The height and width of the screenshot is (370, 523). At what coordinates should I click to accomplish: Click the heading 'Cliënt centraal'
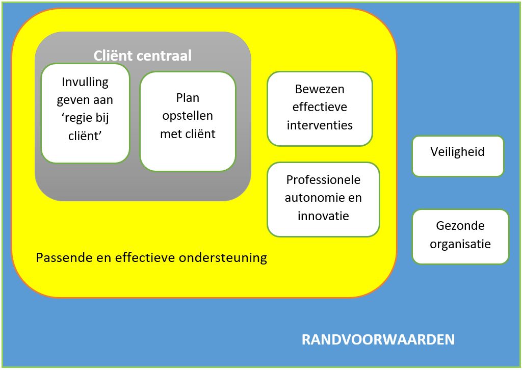(143, 56)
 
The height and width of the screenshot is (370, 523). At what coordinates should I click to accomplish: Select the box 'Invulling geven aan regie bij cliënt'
(85, 113)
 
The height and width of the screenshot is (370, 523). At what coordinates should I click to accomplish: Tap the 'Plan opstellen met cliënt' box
(188, 121)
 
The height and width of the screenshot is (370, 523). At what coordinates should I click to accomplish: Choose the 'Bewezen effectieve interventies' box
(320, 108)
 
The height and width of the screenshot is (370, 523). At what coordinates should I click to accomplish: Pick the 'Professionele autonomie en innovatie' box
(323, 199)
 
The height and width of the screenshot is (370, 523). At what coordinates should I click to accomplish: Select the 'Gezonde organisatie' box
(460, 236)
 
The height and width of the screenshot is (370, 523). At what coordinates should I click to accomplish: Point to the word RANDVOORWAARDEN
(378, 340)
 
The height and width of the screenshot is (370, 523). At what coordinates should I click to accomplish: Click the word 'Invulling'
(85, 82)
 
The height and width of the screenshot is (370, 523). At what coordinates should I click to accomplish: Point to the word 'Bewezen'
(320, 89)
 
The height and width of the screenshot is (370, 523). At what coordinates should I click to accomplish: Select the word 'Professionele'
(323, 180)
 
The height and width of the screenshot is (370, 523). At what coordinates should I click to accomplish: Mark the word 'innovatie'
(323, 216)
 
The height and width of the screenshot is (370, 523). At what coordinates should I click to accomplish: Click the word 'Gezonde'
(460, 226)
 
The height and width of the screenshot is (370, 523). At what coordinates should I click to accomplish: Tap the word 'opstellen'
(188, 116)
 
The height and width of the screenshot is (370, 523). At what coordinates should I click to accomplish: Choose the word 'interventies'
(320, 125)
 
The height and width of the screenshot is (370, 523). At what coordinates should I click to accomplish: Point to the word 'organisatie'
(460, 244)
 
